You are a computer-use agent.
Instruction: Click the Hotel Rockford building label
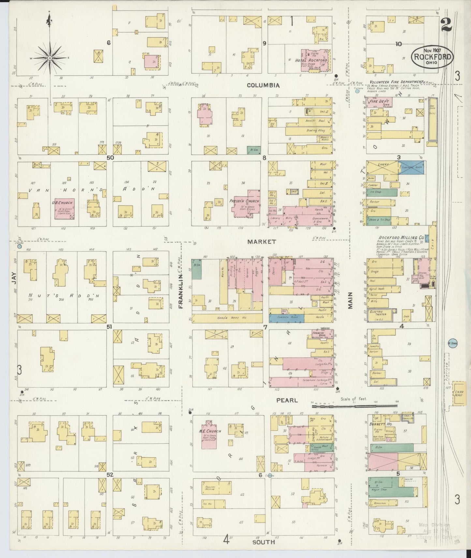[x=311, y=60]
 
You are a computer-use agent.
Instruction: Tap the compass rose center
[x=50, y=58]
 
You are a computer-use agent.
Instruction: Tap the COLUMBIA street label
[x=263, y=85]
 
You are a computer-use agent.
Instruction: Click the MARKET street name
[x=261, y=242]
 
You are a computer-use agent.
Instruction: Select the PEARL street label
[x=287, y=400]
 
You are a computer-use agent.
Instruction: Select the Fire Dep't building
[x=378, y=102]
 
